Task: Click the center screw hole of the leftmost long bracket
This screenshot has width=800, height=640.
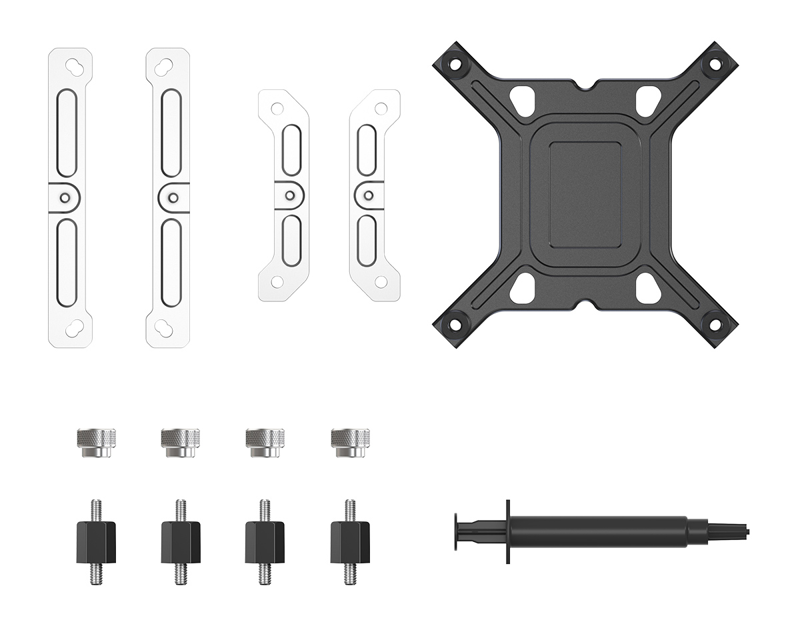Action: point(65,197)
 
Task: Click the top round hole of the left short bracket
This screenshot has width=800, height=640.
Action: point(277,108)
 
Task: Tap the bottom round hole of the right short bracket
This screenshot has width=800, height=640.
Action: point(381,282)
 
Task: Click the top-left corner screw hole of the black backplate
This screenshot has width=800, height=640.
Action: point(456,65)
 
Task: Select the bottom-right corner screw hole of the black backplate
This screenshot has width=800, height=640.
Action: point(714,325)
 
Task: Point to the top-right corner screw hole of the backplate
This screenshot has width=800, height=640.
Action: point(715,65)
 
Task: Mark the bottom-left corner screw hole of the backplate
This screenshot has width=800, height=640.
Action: point(456,325)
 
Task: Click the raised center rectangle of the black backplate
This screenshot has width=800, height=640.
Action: point(585,194)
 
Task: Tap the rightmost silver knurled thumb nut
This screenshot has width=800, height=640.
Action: point(350,442)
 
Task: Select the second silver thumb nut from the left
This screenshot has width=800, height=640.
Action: point(181,442)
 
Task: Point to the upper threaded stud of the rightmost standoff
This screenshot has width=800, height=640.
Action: point(350,509)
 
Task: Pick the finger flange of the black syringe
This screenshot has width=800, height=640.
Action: point(508,531)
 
